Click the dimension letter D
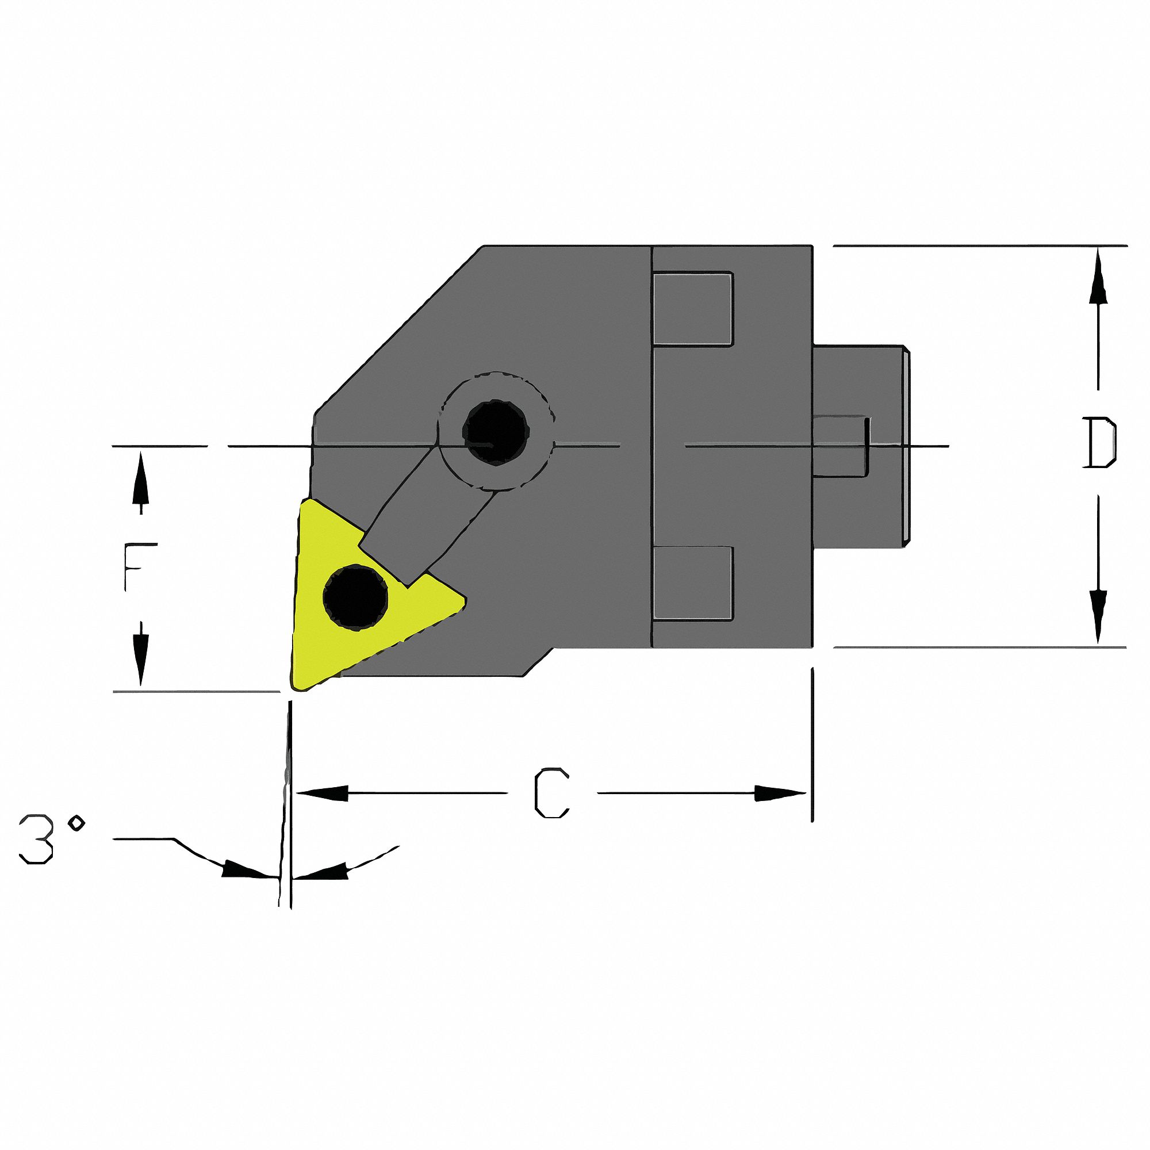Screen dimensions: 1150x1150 tap(1099, 443)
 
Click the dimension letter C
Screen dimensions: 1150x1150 tap(552, 793)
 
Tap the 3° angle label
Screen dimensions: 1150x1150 tap(51, 839)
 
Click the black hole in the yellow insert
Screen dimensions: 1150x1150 tap(355, 596)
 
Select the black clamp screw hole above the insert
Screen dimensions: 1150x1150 tap(495, 430)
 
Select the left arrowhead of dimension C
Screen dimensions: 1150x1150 tap(321, 793)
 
